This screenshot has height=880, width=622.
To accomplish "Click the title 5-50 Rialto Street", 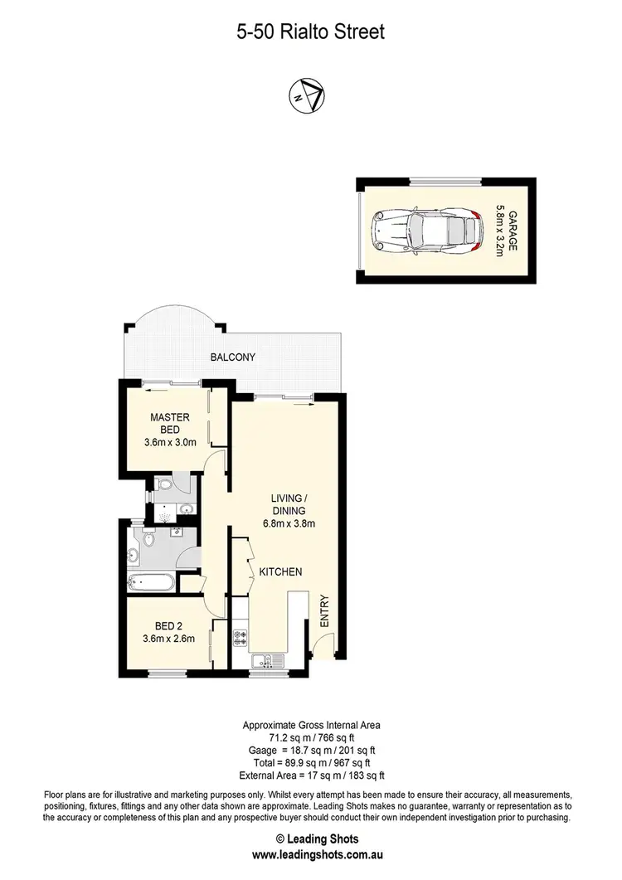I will (311, 32).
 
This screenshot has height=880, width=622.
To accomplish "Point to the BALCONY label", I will (231, 357).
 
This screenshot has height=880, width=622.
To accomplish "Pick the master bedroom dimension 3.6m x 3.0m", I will (170, 442).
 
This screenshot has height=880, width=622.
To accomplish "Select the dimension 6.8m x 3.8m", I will (286, 523).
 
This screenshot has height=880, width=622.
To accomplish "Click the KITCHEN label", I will (279, 572).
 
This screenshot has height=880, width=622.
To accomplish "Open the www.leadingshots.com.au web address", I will (311, 853).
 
